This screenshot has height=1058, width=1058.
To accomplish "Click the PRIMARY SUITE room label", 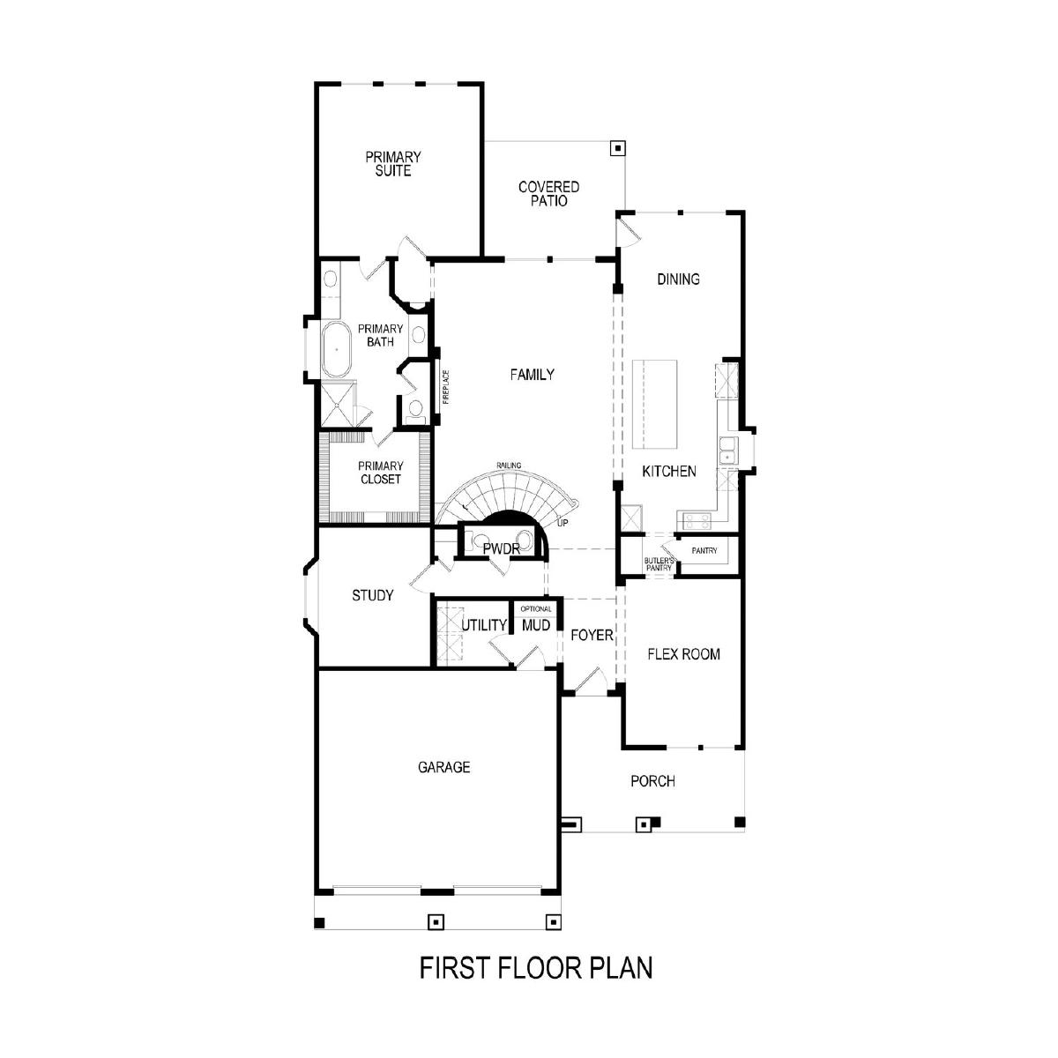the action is coord(393,164).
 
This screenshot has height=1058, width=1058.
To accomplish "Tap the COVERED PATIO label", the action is coord(548,194).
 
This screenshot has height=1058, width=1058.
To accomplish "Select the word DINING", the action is coord(679,279).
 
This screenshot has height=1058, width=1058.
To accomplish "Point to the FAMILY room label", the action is coord(532,375).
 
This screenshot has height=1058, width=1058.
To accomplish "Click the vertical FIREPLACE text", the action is coord(446,387).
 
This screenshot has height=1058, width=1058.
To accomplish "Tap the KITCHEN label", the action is coord(669,471).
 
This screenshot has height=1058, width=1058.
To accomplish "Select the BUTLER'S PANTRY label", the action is coord(659,564).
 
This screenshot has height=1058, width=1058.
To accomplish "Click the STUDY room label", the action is coord(373,595).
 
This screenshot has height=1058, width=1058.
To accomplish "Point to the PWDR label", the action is coord(502,548).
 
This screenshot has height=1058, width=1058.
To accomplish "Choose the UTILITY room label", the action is coord(484,625).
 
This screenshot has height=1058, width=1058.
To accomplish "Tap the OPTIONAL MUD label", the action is coord(536,620).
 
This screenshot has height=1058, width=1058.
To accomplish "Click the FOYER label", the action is coord(592,635).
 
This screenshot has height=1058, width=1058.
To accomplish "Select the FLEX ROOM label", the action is coord(683,654).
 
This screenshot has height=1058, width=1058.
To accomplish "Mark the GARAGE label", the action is coord(443,767).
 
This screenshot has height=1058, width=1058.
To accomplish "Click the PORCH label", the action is coord(652,781).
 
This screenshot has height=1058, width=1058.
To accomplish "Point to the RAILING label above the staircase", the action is coord(509,466).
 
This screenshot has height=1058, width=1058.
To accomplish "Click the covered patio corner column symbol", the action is coord(618,148).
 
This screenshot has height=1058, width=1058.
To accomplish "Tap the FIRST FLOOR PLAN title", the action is coord(536,968).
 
